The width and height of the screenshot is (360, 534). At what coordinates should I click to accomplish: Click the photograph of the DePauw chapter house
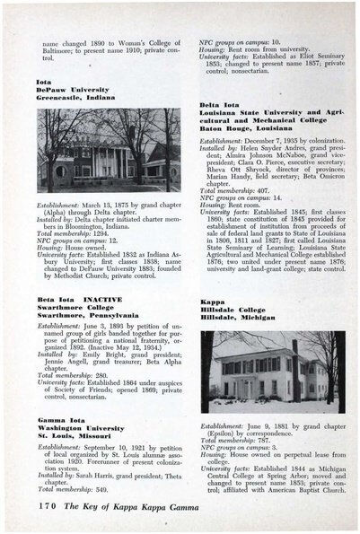tap(110, 151)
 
